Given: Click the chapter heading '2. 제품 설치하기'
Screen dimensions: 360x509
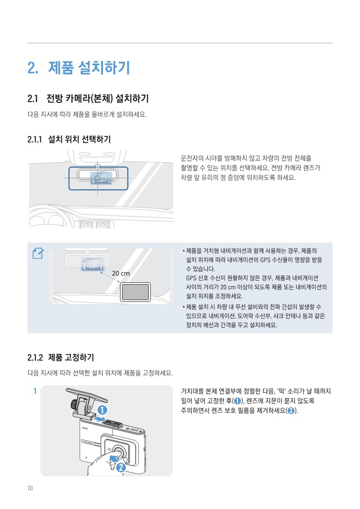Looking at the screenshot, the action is pos(79,68).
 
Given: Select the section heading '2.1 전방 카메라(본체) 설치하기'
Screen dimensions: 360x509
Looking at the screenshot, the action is pos(88,98).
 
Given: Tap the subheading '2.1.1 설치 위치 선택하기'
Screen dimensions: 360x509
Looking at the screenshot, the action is pos(69,139).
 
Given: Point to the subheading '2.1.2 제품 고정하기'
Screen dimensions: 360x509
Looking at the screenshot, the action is pos(61,358).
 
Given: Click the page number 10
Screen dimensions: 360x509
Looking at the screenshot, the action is pos(30,488).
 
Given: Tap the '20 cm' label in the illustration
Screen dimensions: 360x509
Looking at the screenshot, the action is pos(121,273).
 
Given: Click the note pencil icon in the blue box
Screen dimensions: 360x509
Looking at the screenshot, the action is pos(38,253).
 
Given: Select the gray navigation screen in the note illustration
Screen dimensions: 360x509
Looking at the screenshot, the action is pos(135,292).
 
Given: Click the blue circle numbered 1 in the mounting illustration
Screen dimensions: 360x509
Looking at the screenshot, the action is pos(102,410).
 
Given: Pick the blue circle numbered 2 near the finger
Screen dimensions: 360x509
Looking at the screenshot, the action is pos(121,467).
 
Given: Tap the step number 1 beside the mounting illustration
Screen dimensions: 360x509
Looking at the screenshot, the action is pos(35,391).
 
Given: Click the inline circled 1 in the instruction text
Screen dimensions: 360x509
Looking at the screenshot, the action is pos(238,401).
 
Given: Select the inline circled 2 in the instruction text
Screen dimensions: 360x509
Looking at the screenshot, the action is pos(291,411).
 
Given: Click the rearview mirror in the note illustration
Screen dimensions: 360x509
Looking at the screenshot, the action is pos(87,260).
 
